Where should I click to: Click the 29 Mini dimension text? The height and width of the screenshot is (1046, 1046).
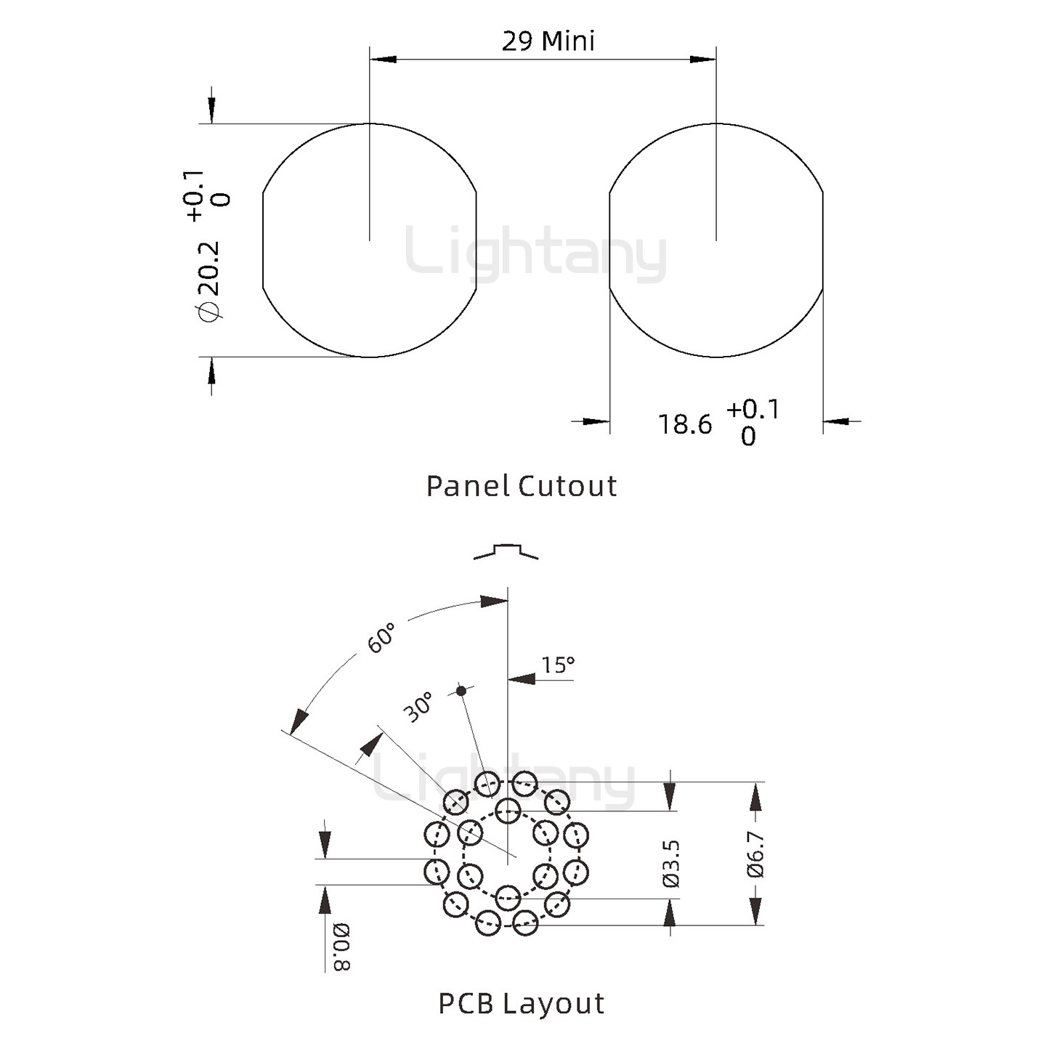[x=548, y=41]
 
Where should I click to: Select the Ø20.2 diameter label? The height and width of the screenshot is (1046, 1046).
[x=208, y=280]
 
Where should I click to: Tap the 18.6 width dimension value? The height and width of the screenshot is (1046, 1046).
[x=685, y=424]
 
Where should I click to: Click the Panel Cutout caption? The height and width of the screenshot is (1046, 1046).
[x=522, y=486]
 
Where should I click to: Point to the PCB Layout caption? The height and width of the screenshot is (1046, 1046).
[x=522, y=1003]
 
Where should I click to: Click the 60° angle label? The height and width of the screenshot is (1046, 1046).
[x=381, y=637]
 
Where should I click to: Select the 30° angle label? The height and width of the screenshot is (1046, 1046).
[x=419, y=706]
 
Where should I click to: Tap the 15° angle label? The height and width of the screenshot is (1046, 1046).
[x=558, y=665]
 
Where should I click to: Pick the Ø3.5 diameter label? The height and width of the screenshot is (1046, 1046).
[x=671, y=863]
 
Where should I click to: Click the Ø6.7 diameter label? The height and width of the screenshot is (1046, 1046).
[x=756, y=854]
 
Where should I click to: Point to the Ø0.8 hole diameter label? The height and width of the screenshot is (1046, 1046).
[x=341, y=947]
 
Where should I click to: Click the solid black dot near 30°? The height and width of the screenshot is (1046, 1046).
[x=461, y=690]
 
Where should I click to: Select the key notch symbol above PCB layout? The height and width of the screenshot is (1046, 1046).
[x=506, y=551]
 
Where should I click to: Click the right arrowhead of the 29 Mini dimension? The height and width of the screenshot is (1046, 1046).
[x=703, y=59]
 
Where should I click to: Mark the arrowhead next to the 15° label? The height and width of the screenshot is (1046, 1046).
[x=521, y=680]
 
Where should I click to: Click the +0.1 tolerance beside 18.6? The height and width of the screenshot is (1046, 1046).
[x=753, y=409]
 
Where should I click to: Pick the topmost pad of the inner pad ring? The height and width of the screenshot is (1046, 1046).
[x=508, y=808]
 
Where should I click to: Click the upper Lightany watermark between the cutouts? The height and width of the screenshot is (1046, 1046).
[x=535, y=254]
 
